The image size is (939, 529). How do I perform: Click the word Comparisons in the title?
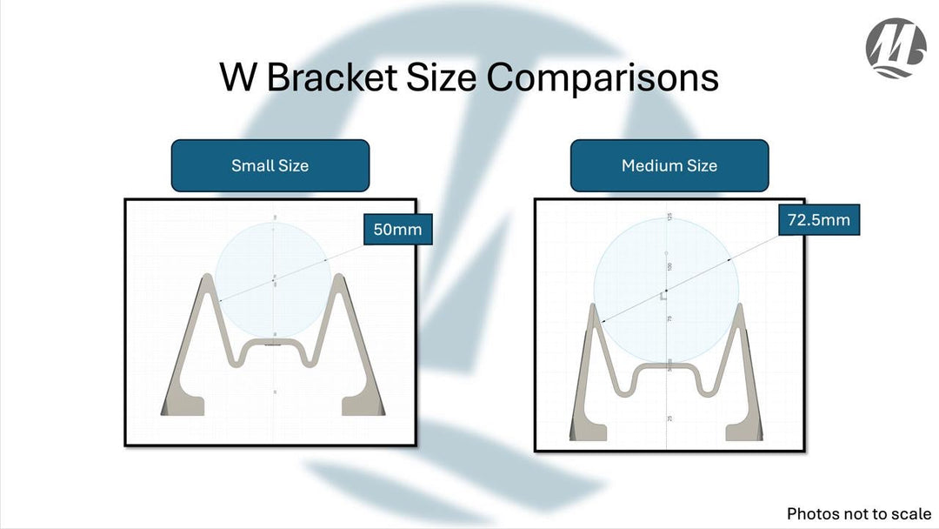[602, 77]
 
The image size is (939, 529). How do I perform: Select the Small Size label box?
[270, 165]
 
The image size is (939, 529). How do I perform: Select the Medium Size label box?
[669, 165]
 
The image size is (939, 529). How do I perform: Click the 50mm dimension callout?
[397, 231]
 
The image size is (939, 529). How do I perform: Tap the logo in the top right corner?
[896, 49]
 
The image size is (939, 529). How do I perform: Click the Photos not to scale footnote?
[858, 513]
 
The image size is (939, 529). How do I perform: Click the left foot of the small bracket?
[183, 405]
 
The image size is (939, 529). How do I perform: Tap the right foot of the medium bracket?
[746, 428]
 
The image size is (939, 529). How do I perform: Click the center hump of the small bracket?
[273, 345]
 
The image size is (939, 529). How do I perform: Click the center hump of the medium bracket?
[667, 370]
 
